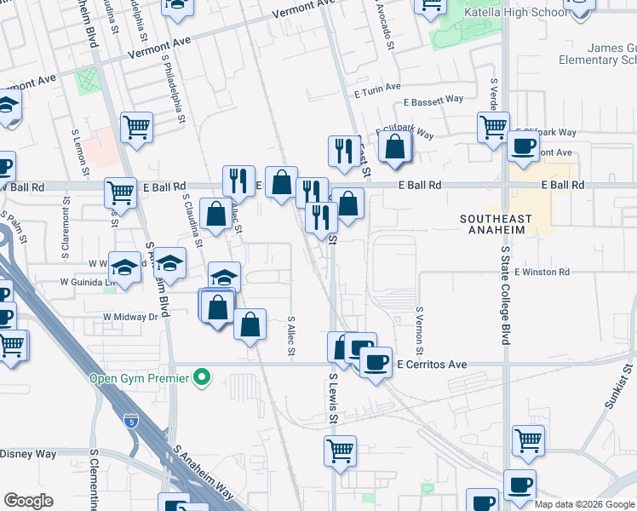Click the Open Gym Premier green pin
pos(202,376)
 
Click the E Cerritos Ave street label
pos(433,365)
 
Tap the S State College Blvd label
pos(505,295)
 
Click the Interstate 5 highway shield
pos(130,421)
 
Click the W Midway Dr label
pos(130,316)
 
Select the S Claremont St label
pos(65,230)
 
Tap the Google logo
pos(28,501)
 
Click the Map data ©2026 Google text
pos(584,504)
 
